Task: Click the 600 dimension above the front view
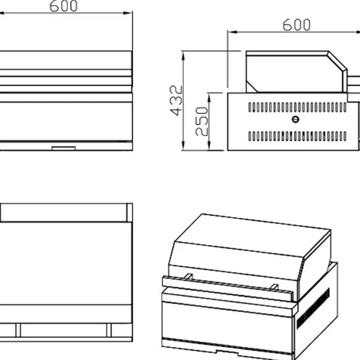[x=63, y=6]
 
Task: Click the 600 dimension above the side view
[x=297, y=25]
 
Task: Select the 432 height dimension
[x=176, y=101]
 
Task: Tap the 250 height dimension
[x=202, y=121]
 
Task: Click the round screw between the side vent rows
[x=295, y=120]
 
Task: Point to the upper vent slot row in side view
[x=298, y=107]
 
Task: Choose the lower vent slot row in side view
[x=298, y=136]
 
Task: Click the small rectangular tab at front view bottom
[x=63, y=148]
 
